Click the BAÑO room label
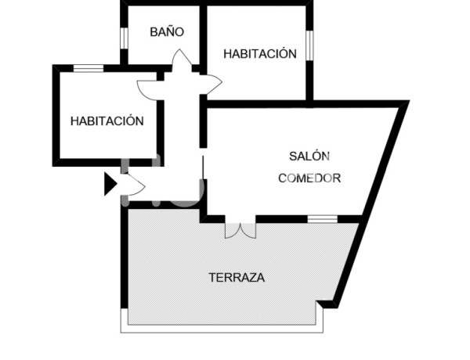[x=167, y=33]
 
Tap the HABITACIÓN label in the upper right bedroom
[x=260, y=54]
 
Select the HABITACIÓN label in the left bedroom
[x=107, y=121]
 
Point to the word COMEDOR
[x=309, y=178]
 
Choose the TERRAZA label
[x=237, y=277]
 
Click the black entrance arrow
[x=110, y=185]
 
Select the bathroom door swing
[x=181, y=59]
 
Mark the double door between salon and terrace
[x=240, y=229]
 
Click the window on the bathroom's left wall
[x=124, y=37]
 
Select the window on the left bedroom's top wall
[x=89, y=68]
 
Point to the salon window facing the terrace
[x=322, y=218]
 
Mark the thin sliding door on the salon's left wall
[x=203, y=168]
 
